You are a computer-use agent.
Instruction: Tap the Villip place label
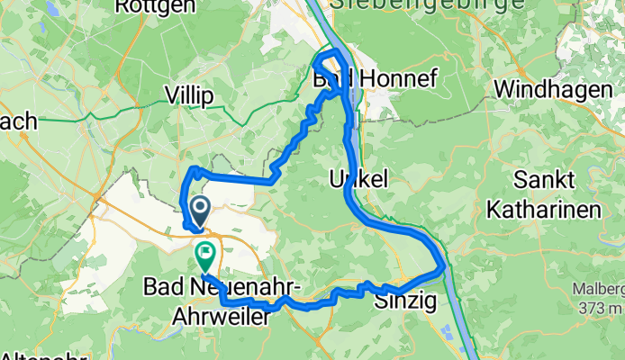(188, 95)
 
